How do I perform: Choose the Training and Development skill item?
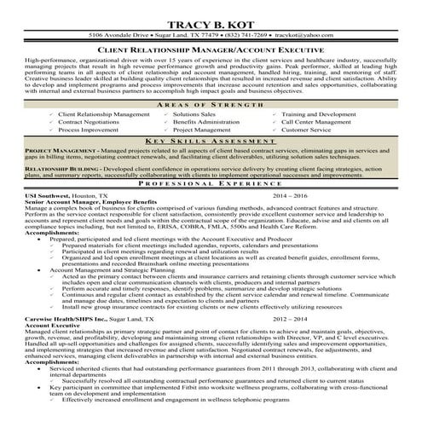(x=319, y=113)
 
